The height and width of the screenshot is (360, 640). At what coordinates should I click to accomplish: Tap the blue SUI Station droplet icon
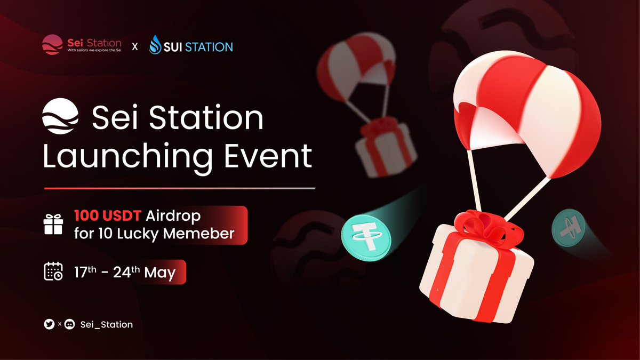(155, 45)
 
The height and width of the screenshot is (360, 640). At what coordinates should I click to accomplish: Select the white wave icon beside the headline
(61, 118)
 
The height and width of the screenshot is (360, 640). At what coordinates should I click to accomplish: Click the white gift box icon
(53, 225)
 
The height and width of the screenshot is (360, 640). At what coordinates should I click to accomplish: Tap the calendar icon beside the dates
(53, 272)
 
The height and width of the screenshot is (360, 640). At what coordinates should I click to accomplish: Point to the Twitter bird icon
(50, 324)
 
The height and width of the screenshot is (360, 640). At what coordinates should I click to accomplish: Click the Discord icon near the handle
(69, 324)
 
